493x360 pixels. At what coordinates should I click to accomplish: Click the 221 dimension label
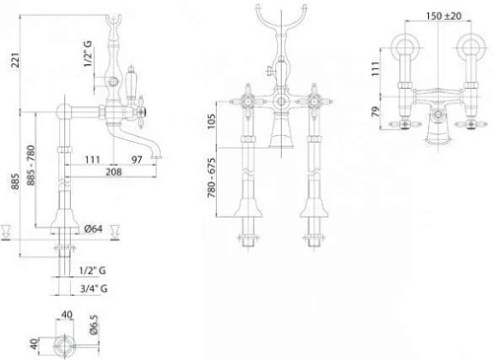pyautogui.click(x=16, y=60)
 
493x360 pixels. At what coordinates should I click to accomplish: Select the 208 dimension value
pyautogui.click(x=113, y=172)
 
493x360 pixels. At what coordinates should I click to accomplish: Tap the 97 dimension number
pyautogui.click(x=137, y=160)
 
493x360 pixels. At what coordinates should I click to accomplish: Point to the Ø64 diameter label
pyautogui.click(x=94, y=229)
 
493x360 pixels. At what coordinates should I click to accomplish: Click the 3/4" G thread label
pyautogui.click(x=94, y=289)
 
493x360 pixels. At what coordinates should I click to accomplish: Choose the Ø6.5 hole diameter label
pyautogui.click(x=94, y=324)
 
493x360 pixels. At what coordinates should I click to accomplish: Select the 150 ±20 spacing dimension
pyautogui.click(x=444, y=16)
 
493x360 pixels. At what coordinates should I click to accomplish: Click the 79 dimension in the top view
pyautogui.click(x=376, y=111)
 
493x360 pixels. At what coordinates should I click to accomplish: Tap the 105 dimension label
pyautogui.click(x=212, y=121)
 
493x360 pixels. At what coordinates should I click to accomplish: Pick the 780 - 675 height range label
pyautogui.click(x=212, y=178)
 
